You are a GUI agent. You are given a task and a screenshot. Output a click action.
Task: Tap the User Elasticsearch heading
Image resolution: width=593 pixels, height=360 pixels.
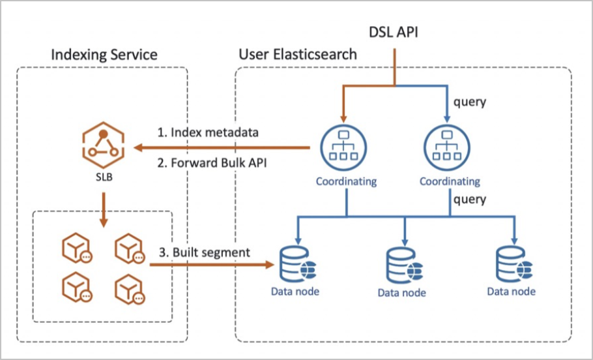(x=298, y=54)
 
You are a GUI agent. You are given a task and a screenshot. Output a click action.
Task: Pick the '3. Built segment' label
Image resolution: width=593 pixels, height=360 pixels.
(x=203, y=252)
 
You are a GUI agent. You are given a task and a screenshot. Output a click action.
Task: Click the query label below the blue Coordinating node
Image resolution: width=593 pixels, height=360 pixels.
(x=469, y=199)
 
